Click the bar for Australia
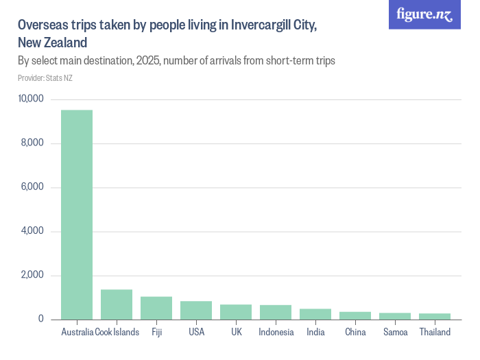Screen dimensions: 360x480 tap(77, 215)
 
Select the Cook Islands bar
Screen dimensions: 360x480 tap(117, 304)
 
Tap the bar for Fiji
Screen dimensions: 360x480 tap(156, 308)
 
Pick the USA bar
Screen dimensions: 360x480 tap(196, 310)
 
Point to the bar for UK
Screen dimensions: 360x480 tap(236, 312)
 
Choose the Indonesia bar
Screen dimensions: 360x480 tap(276, 312)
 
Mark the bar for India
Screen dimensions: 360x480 tap(315, 314)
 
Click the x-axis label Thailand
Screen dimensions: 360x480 tap(435, 333)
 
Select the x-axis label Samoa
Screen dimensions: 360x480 tap(395, 333)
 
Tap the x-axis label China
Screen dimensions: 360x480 tap(355, 333)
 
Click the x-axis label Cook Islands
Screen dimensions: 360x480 tap(117, 333)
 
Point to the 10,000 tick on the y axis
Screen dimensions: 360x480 tap(31, 99)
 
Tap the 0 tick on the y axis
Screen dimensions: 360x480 tap(41, 320)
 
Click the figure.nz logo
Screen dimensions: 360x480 tap(424, 14)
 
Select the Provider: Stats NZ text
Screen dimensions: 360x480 tap(45, 78)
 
